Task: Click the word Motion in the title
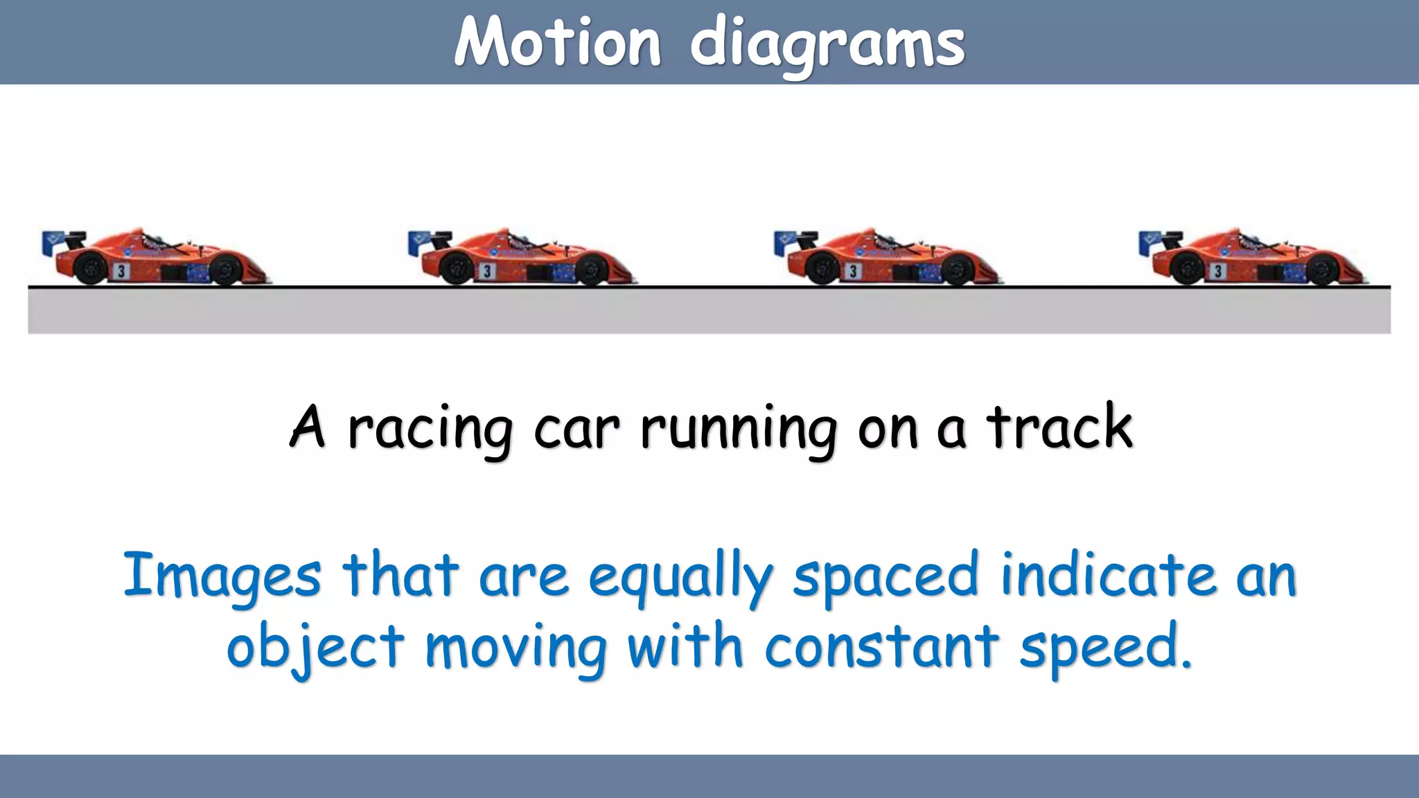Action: point(557,43)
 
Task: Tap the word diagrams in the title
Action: point(827,46)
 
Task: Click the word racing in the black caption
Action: point(430,429)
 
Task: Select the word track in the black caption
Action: point(1059,427)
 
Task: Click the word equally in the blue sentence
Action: point(680,576)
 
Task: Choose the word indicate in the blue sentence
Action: point(1109,575)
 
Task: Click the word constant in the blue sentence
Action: point(881,647)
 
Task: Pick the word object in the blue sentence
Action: point(315,648)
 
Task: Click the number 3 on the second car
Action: point(487,271)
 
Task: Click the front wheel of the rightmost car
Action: point(1321,269)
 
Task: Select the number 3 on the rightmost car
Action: point(1218,271)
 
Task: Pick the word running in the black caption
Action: point(739,429)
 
